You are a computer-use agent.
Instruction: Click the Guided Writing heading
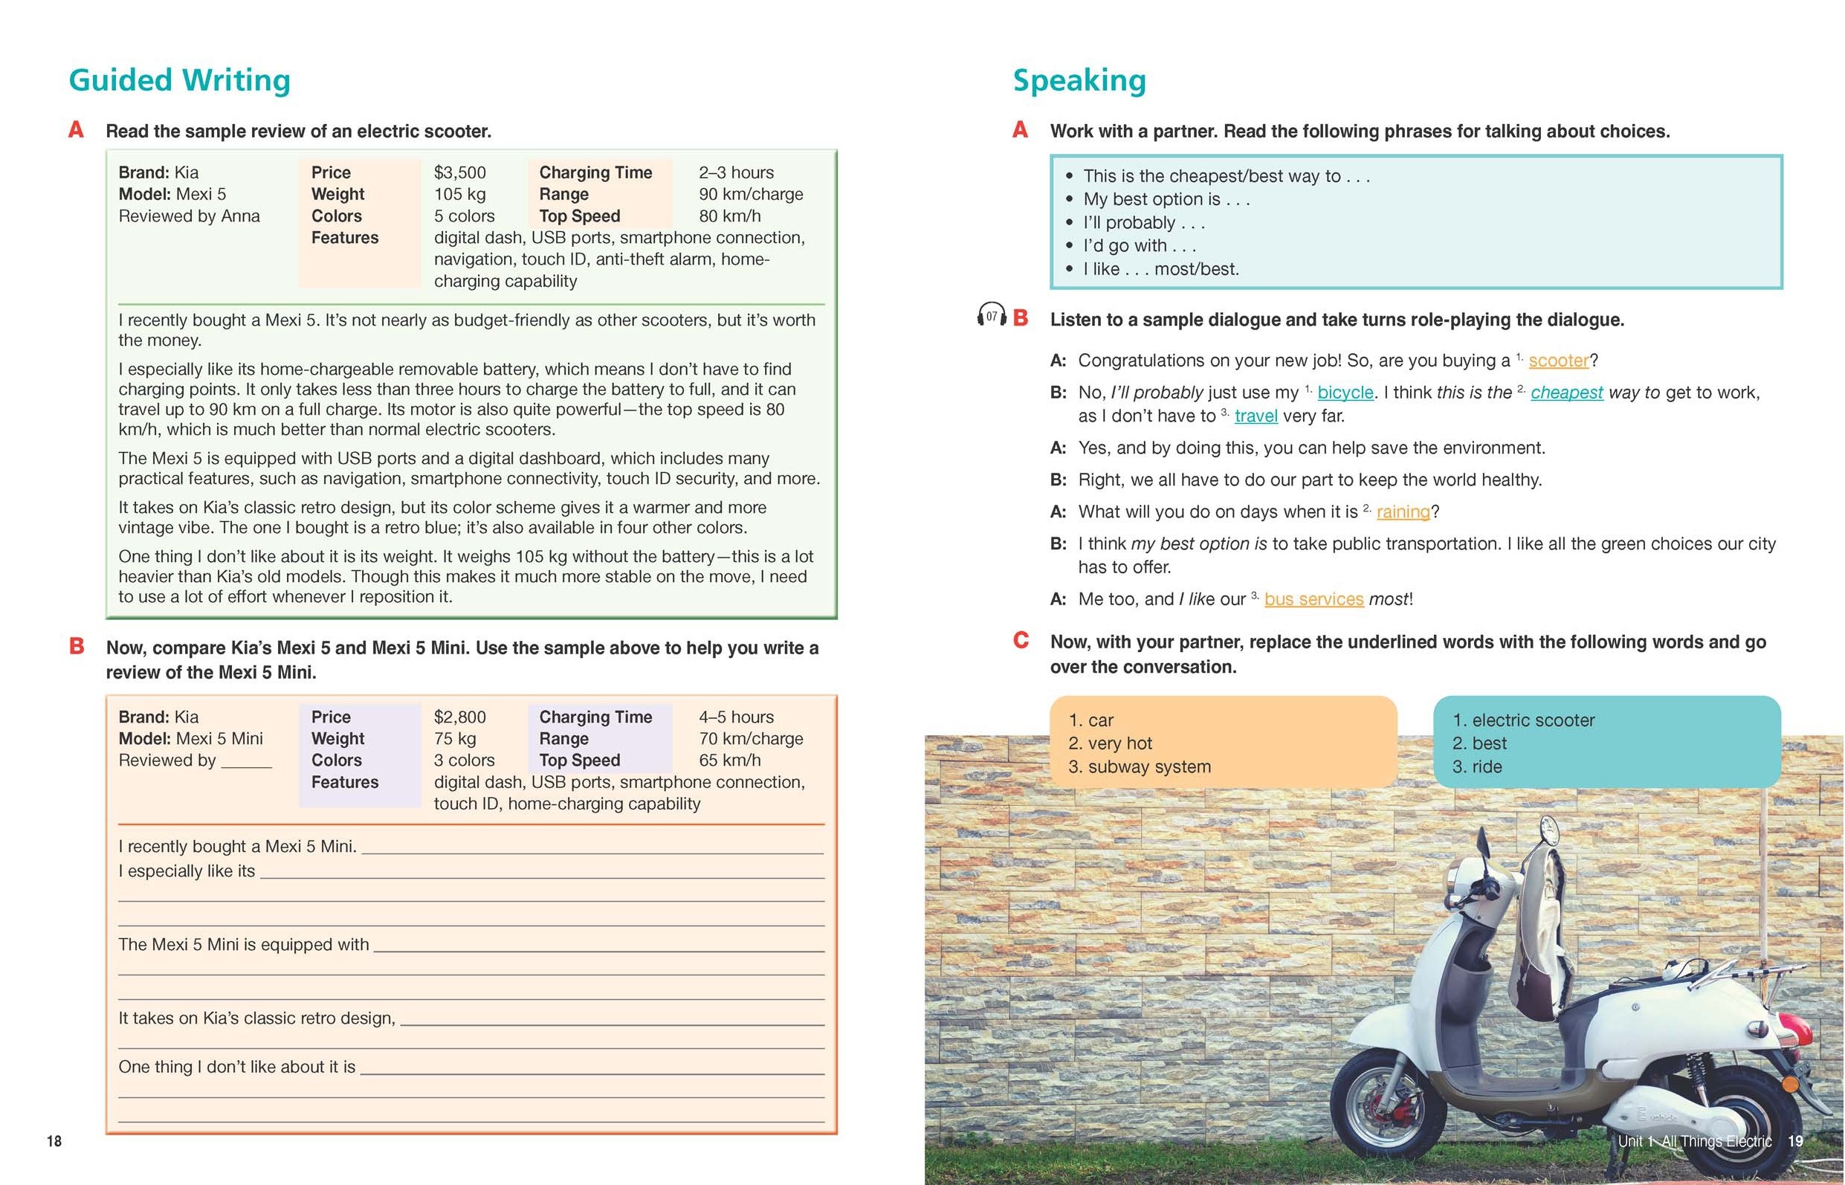(179, 80)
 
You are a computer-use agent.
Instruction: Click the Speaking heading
(1079, 80)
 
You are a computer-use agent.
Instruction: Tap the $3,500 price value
(459, 172)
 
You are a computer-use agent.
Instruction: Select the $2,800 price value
(459, 717)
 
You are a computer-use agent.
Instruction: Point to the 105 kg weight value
(459, 194)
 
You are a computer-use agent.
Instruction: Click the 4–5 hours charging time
(735, 717)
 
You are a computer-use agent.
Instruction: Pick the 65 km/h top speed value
(729, 761)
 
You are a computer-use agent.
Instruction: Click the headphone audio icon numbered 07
(991, 315)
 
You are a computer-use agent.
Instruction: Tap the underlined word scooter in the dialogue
(1558, 361)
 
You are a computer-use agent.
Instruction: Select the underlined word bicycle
(1345, 393)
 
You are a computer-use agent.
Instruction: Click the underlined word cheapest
(1566, 393)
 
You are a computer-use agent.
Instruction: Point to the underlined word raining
(1403, 511)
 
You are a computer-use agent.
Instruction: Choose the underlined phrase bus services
(1314, 599)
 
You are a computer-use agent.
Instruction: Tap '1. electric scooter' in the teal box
(1522, 720)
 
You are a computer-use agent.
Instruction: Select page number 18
(54, 1141)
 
